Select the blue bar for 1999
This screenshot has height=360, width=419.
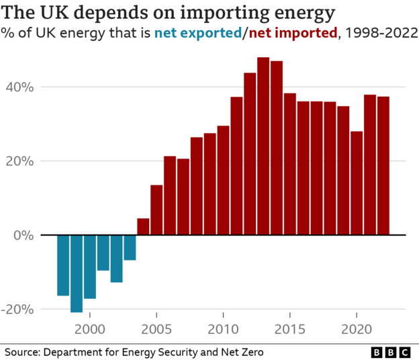(77, 273)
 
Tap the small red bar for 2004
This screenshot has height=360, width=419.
(143, 227)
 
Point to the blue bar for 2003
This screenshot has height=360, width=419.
(130, 247)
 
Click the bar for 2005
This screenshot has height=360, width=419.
(156, 210)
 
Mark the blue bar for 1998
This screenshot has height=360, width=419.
(63, 265)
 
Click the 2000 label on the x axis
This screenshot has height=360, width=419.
(89, 329)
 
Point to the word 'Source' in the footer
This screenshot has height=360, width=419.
(21, 351)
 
